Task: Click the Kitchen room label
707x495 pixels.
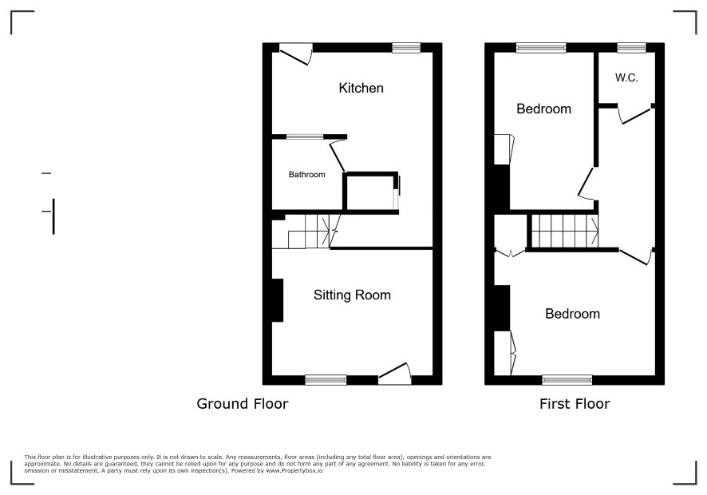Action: click(361, 88)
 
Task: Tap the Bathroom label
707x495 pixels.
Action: click(306, 175)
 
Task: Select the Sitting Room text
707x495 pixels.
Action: click(352, 295)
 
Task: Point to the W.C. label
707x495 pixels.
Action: click(626, 77)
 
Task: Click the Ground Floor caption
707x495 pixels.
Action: click(242, 403)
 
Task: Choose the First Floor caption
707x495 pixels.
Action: click(575, 403)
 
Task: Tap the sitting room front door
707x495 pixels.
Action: click(395, 374)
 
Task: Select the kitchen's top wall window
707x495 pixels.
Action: click(406, 47)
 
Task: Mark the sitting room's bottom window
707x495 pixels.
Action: click(326, 380)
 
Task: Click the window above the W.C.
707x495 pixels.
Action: click(631, 47)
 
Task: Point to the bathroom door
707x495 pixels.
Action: click(338, 155)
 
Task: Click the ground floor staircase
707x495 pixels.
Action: click(306, 232)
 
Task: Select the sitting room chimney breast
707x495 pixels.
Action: click(278, 300)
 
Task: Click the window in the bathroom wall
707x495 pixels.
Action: click(305, 137)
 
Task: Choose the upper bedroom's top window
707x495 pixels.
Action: click(541, 47)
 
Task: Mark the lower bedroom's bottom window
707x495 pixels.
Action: click(567, 380)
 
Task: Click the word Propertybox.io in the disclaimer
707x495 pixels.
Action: click(299, 470)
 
